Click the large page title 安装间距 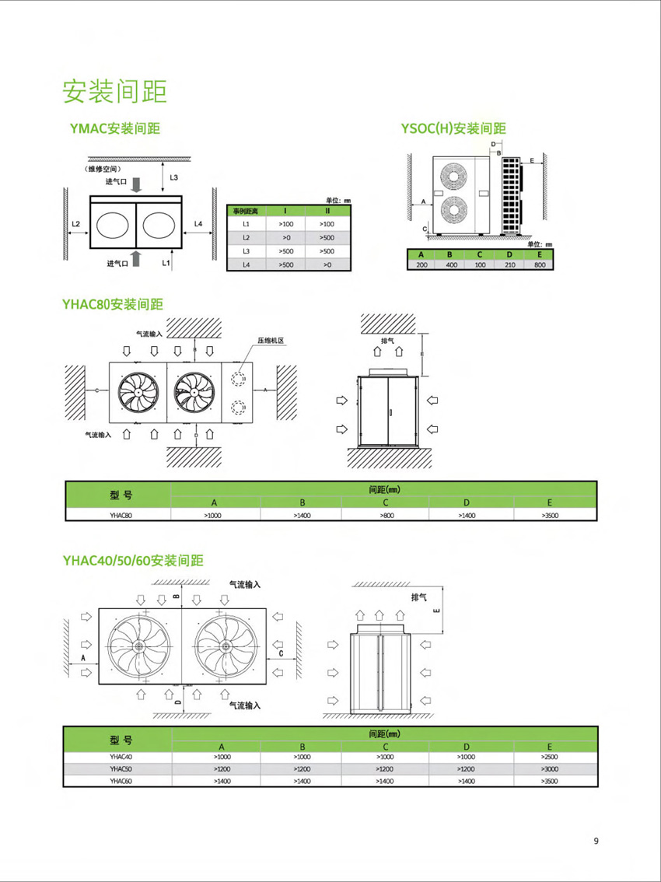pyautogui.click(x=114, y=92)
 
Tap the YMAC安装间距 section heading pyautogui.click(x=115, y=128)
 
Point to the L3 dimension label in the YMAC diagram pyautogui.click(x=173, y=177)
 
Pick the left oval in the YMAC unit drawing pyautogui.click(x=114, y=225)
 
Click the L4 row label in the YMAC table pyautogui.click(x=246, y=266)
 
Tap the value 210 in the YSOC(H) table pyautogui.click(x=509, y=264)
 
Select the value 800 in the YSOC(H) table pyautogui.click(x=540, y=264)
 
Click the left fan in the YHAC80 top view pyautogui.click(x=138, y=390)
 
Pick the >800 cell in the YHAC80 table pyautogui.click(x=386, y=515)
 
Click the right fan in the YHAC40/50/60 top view pyautogui.click(x=226, y=647)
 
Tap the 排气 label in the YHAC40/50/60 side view pyautogui.click(x=420, y=597)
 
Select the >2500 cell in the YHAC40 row pyautogui.click(x=551, y=757)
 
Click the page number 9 pyautogui.click(x=596, y=841)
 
